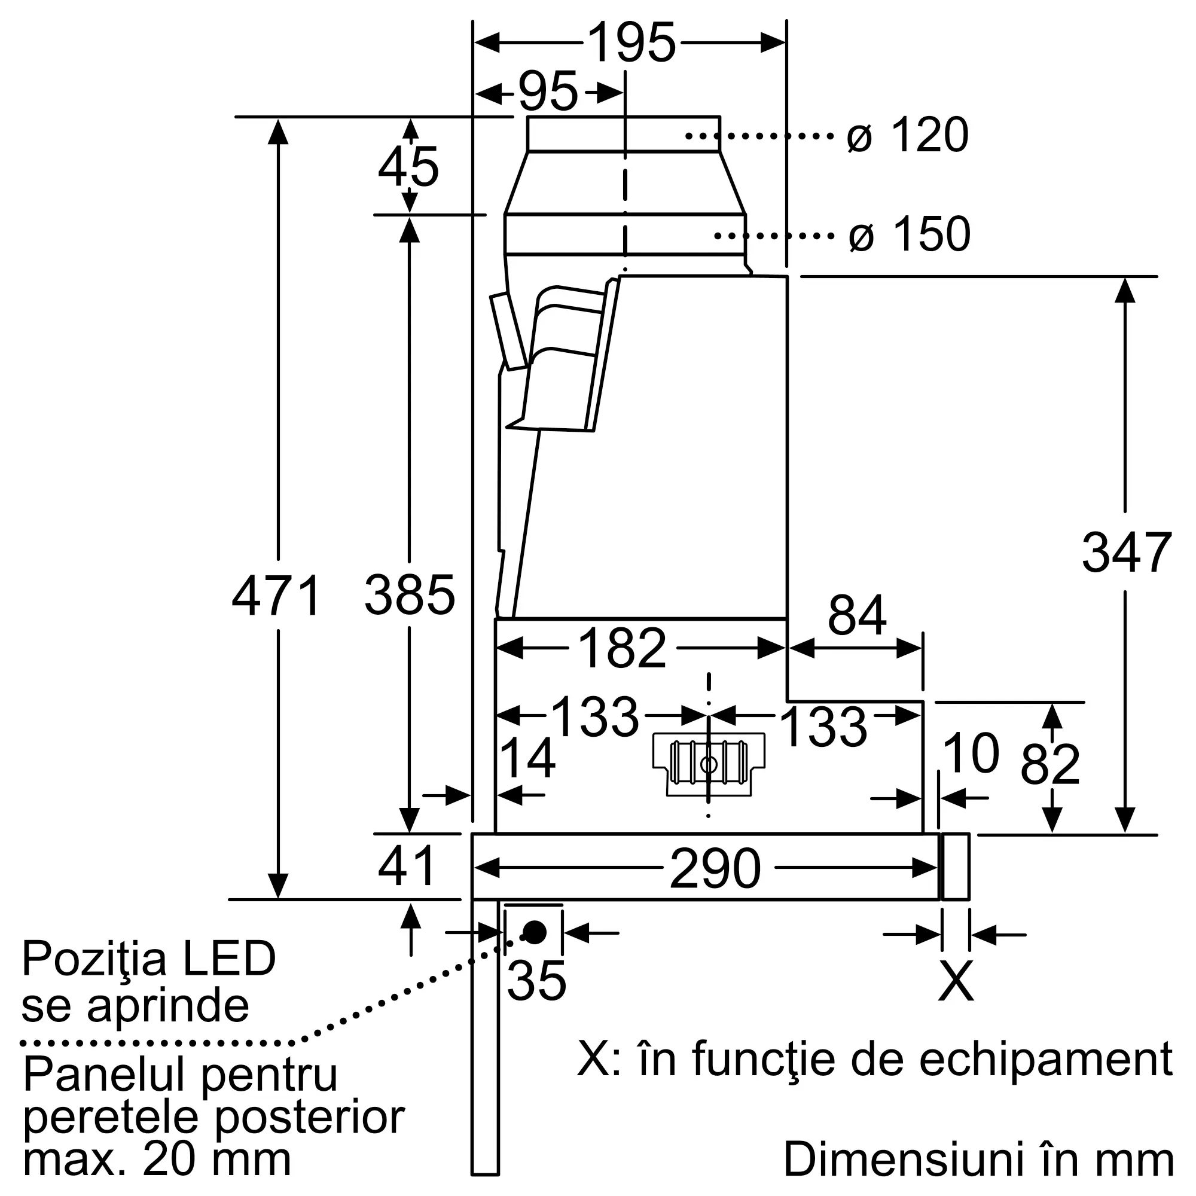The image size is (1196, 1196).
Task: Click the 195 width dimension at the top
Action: point(631,42)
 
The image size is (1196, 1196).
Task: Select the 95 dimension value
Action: point(548,92)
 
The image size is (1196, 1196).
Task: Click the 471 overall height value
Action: point(277,595)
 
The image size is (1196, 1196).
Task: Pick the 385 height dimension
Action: point(410,595)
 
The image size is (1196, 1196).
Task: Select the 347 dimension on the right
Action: point(1127,552)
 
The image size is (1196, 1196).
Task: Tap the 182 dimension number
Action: point(622,648)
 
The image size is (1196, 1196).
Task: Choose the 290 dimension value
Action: point(716,868)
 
